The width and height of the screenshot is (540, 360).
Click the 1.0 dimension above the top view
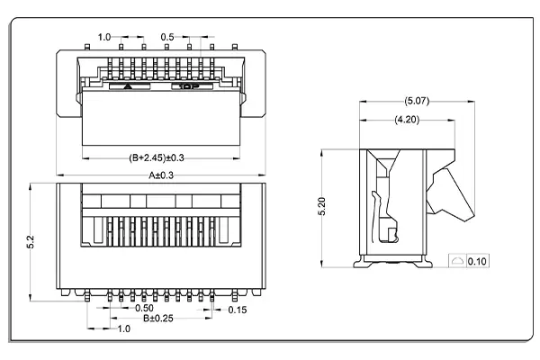pos(103,37)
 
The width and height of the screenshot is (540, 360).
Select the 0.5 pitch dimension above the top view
pos(167,37)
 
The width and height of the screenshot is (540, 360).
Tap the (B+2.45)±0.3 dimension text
pos(163,156)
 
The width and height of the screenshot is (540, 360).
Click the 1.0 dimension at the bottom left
pos(123,329)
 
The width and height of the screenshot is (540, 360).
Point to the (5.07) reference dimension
pos(417,101)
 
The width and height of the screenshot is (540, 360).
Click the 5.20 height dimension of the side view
pos(322,206)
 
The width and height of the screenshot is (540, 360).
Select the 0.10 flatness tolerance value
pos(477,262)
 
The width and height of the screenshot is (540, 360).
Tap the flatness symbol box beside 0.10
pos(457,262)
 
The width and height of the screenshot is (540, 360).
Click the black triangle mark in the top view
pos(130,88)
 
